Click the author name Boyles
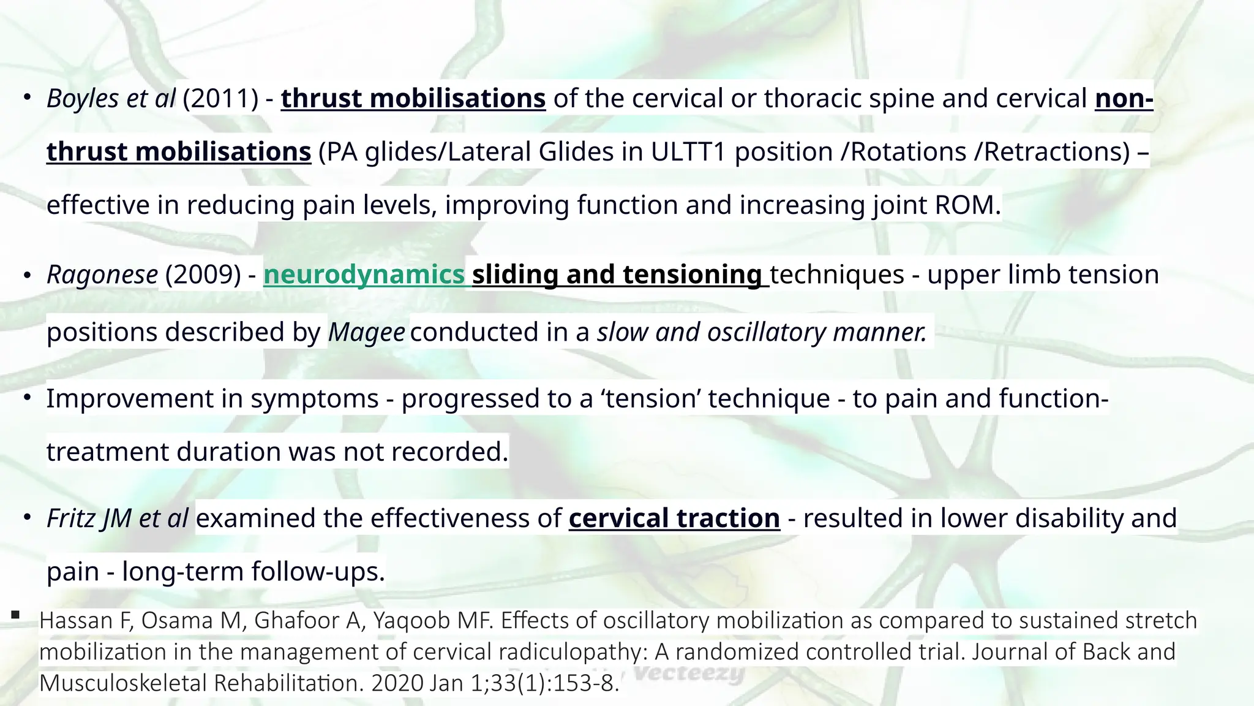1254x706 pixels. [x=82, y=99]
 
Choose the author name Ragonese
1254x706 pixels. [x=102, y=275]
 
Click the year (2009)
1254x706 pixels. [x=203, y=275]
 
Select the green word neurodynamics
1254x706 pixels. [x=364, y=275]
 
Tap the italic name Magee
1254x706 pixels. [x=366, y=332]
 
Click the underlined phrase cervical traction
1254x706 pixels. [x=674, y=518]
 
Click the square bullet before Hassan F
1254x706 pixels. [x=15, y=615]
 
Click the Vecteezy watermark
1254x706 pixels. [x=689, y=674]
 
